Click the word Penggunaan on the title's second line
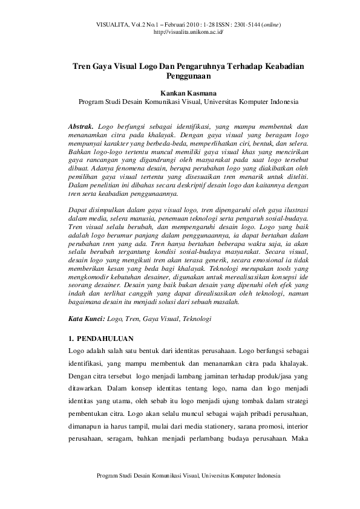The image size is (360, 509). (180, 77)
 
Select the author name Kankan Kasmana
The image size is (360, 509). (180, 94)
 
